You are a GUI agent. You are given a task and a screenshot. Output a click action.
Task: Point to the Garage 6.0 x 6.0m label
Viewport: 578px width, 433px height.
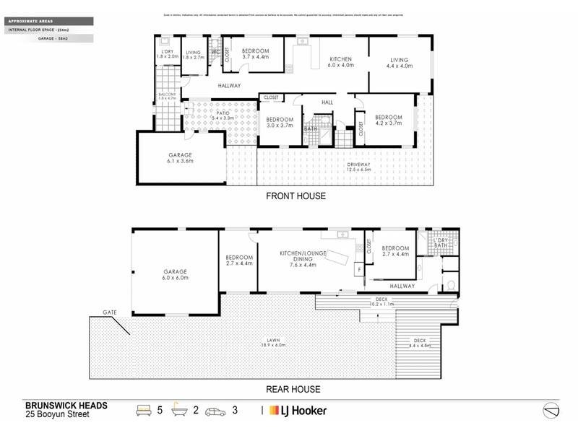[174, 275]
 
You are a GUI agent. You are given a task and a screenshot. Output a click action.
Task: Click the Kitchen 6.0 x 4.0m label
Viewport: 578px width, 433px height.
[340, 63]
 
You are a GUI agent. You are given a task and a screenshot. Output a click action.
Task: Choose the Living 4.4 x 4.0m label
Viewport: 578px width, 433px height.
[400, 63]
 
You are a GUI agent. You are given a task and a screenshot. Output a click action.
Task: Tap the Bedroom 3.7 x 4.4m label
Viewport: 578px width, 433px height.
[255, 54]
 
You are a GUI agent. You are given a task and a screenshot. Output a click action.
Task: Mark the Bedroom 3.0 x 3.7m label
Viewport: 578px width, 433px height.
[279, 122]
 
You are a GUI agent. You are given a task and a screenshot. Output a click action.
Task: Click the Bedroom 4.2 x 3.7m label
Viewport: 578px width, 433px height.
[388, 121]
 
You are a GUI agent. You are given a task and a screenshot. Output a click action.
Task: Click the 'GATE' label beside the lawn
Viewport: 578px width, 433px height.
[108, 312]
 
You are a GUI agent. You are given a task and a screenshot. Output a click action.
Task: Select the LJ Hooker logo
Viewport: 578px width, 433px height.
[298, 411]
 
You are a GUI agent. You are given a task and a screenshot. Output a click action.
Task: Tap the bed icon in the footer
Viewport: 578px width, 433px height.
[143, 411]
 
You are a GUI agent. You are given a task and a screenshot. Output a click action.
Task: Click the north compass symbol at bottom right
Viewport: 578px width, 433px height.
[551, 409]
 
